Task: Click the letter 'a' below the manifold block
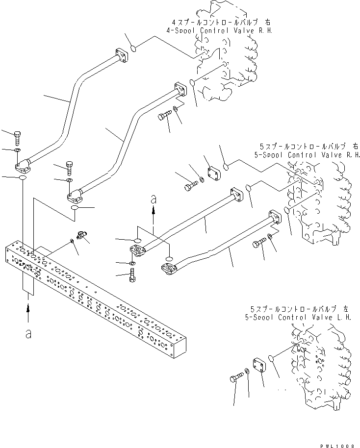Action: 28,334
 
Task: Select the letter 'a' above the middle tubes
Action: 154,199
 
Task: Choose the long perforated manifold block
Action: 93,299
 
